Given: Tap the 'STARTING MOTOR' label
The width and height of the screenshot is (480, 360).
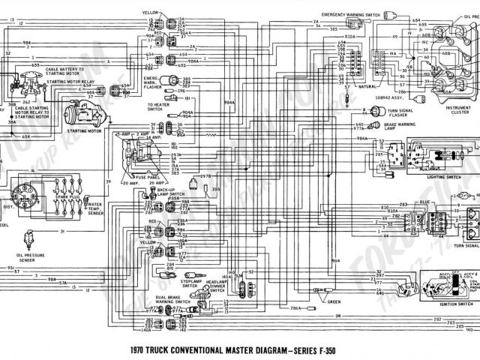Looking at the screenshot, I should point(83,130).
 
